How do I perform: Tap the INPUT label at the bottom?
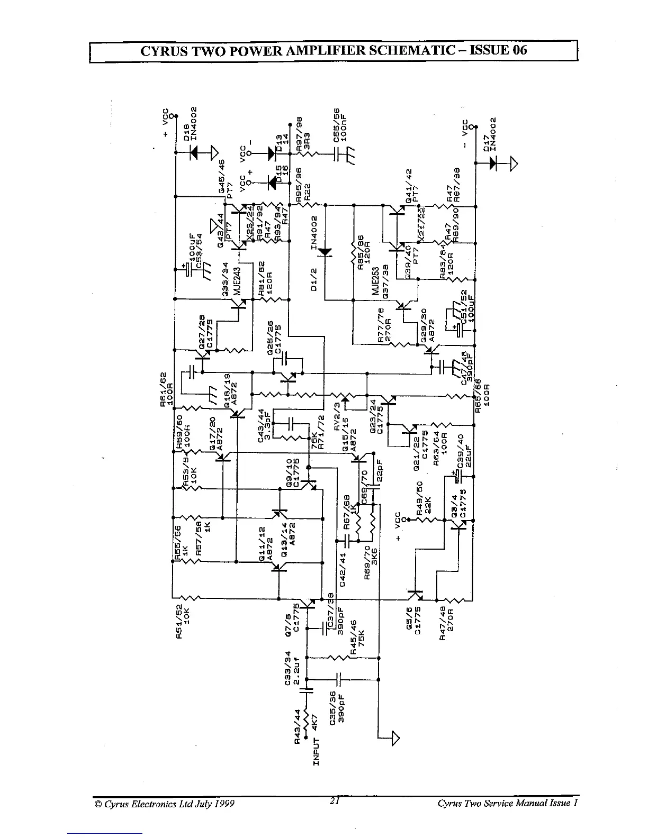pyautogui.click(x=317, y=750)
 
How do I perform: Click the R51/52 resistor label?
pyautogui.click(x=179, y=622)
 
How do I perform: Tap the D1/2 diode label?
pyautogui.click(x=313, y=278)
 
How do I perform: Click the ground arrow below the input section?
pyautogui.click(x=395, y=737)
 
